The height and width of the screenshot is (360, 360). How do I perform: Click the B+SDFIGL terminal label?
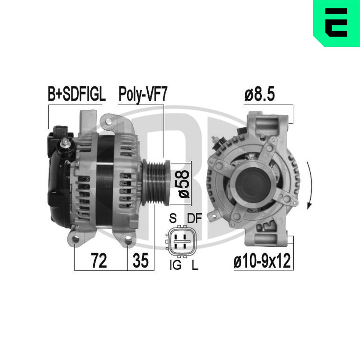coord(76,94)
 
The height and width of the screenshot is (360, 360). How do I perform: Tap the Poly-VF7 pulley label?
coord(143,94)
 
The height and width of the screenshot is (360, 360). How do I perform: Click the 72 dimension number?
coord(99,260)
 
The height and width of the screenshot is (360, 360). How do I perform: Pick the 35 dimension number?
coord(140,260)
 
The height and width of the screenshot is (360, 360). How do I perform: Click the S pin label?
coord(173,218)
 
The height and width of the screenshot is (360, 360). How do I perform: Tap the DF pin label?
coord(194,218)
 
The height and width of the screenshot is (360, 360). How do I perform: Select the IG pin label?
coord(175,265)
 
